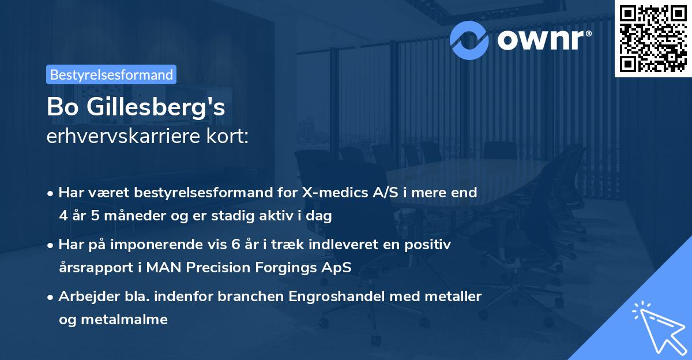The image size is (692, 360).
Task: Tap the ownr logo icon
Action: (469, 39)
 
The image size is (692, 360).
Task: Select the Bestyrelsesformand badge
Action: (111, 74)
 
